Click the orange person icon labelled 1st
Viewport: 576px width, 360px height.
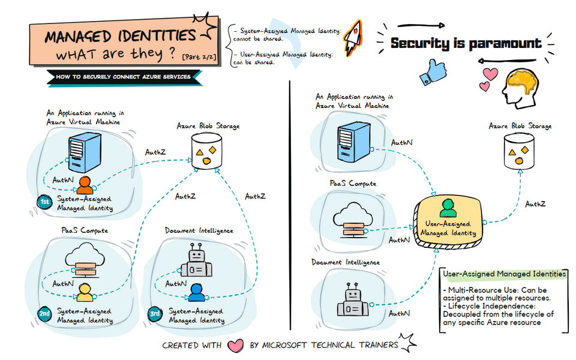click(x=85, y=184)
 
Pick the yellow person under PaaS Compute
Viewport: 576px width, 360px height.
click(x=85, y=292)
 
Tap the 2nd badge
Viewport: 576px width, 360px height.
click(x=44, y=313)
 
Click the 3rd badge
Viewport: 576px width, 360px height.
click(x=155, y=313)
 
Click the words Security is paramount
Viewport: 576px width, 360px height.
click(x=466, y=43)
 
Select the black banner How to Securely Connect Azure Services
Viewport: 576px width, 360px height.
click(x=123, y=77)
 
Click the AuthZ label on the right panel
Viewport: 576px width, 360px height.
click(x=535, y=204)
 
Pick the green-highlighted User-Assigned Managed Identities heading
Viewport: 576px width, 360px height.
click(x=503, y=274)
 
